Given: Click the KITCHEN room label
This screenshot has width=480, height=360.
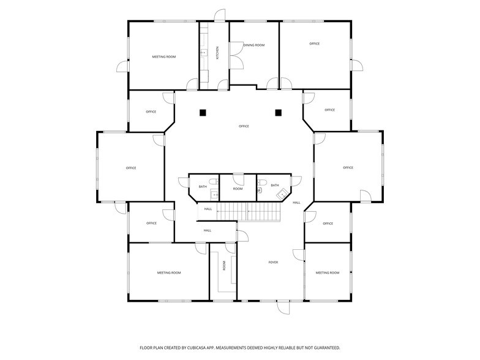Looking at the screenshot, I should (x=217, y=52).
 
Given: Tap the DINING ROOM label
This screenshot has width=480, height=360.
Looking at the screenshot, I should (x=254, y=45).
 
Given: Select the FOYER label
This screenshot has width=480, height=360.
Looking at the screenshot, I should (x=273, y=262).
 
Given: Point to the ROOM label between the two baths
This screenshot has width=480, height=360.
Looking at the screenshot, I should (x=238, y=189).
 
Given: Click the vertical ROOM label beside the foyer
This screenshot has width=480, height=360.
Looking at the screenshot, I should (x=224, y=266).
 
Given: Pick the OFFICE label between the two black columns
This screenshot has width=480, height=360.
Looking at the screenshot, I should (x=244, y=126).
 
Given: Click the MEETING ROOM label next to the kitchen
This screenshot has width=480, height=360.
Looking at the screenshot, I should (x=163, y=56).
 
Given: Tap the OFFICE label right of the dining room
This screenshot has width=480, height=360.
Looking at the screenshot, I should (x=314, y=43).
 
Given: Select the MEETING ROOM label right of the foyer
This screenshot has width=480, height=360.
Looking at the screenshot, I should (x=327, y=272).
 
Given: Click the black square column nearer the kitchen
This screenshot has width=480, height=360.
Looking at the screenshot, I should (x=203, y=112).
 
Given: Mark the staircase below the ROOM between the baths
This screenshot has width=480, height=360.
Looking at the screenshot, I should (x=250, y=211).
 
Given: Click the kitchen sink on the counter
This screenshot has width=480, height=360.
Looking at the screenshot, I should (x=204, y=53).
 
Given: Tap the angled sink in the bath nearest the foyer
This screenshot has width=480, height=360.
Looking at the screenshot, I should (x=282, y=195).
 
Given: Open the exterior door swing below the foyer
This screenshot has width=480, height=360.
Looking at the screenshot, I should (x=283, y=308).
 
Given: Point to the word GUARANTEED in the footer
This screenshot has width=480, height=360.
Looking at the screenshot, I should (x=324, y=347).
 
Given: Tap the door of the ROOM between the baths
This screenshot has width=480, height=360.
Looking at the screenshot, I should (x=238, y=178).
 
